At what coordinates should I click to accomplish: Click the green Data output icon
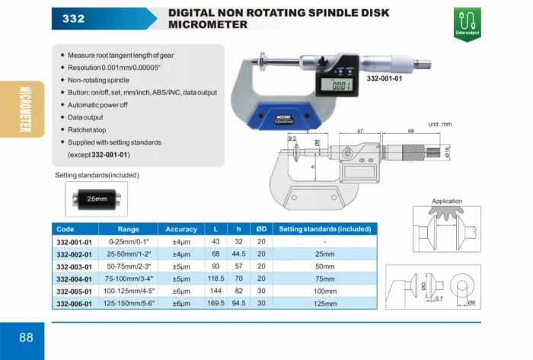467,24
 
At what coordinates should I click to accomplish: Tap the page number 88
26,337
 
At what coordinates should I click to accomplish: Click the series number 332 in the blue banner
73,18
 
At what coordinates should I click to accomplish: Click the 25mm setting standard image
97,199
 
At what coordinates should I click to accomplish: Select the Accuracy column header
181,229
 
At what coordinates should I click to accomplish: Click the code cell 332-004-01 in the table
74,279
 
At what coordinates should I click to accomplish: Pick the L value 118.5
215,279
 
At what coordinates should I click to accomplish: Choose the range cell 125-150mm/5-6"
129,303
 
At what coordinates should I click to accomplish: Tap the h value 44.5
238,254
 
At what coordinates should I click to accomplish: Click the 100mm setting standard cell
325,291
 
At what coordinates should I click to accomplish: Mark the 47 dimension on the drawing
360,131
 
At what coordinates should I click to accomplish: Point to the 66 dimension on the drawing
411,131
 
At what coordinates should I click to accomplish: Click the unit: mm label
440,124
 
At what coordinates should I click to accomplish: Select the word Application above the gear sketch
447,201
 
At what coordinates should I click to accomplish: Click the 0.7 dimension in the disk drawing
439,298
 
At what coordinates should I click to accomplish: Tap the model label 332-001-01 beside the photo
385,78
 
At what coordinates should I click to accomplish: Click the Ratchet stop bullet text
87,129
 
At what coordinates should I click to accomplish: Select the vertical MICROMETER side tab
25,110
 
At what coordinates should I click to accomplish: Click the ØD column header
261,229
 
